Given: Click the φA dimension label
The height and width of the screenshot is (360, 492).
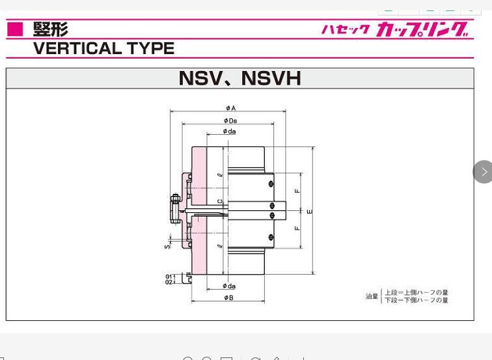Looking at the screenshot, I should coord(230,108).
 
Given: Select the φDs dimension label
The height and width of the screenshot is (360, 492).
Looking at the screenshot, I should coord(230,120).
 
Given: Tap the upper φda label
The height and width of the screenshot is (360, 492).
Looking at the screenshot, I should coord(229,132).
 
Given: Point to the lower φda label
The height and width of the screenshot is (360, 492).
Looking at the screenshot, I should coord(229,286).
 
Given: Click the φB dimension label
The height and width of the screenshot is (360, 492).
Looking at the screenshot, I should coord(228,298).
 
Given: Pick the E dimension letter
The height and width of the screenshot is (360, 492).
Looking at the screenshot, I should coord(310,211).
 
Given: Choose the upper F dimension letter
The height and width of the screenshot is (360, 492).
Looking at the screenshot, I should coord(297,191).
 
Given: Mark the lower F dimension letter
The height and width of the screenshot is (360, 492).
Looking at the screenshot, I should coord(297,228).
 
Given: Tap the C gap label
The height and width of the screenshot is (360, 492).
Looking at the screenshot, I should coord(220,202).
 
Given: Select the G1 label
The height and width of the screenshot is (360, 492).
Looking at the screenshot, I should coord(168,277).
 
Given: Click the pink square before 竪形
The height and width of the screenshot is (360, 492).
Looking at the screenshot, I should coord(15,29).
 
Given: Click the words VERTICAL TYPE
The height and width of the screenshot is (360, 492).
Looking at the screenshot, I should coord(103,49).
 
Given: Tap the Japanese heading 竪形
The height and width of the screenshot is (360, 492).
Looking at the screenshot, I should coord(50,29).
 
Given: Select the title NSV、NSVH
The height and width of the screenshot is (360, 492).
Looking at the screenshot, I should coord(239,78).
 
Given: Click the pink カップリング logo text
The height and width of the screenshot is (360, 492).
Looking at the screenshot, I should coord(422,29).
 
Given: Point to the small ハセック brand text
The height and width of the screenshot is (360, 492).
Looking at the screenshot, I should coord(345,29).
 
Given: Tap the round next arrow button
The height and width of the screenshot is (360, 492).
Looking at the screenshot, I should coord(483,172).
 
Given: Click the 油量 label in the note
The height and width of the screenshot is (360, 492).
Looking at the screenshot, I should coord(372,297).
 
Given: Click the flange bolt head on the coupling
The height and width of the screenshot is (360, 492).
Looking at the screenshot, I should coord(175,199).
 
